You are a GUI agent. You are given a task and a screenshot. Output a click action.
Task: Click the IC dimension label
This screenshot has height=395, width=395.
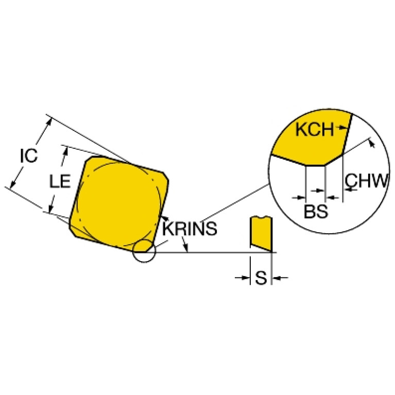29,156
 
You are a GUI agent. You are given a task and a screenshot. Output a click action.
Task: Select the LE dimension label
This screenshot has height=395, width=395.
60,181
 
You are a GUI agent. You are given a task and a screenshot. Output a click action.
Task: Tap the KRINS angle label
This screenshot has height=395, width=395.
190,229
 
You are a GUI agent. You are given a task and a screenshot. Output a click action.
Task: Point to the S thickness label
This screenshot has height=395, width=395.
261,278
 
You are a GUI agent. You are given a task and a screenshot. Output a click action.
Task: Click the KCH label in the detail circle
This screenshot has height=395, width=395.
314,129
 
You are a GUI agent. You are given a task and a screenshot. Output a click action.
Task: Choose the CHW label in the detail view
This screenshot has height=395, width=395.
366,180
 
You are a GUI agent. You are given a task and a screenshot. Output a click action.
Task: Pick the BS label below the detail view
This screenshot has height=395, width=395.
316,211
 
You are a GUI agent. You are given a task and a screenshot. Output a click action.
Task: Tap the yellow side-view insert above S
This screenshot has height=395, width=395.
261,233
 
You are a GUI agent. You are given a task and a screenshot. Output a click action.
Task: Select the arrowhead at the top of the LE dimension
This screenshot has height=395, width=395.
66,151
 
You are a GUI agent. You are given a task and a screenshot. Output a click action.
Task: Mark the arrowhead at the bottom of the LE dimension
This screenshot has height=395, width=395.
51,209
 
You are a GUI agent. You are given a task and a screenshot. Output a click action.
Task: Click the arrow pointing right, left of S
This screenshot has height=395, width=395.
243,278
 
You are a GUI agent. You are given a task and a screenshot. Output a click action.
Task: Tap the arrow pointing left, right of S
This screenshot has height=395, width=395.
280,278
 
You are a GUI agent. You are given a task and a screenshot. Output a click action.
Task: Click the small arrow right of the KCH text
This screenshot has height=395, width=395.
343,128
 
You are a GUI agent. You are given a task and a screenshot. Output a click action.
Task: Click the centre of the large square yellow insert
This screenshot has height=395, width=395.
119,203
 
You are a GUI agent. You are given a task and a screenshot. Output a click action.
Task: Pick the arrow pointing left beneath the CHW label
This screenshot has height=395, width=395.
351,189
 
